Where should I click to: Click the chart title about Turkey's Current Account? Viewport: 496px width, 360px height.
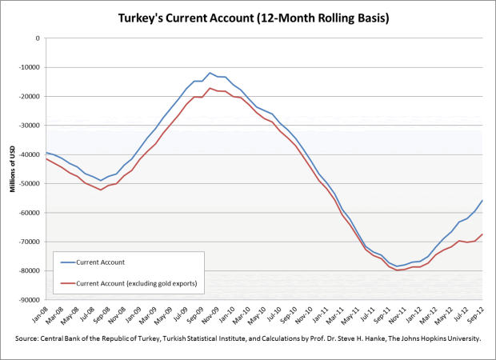247,16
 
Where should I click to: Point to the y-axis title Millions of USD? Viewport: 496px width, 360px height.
12,168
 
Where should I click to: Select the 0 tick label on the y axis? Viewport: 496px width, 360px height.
38,38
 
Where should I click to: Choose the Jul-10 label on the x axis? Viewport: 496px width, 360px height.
274,314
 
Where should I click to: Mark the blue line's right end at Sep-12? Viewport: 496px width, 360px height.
482,200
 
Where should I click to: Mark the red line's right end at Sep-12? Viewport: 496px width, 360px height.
482,234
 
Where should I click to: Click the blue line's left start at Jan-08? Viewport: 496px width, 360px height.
46,152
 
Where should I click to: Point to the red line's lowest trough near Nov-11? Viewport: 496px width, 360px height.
398,270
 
